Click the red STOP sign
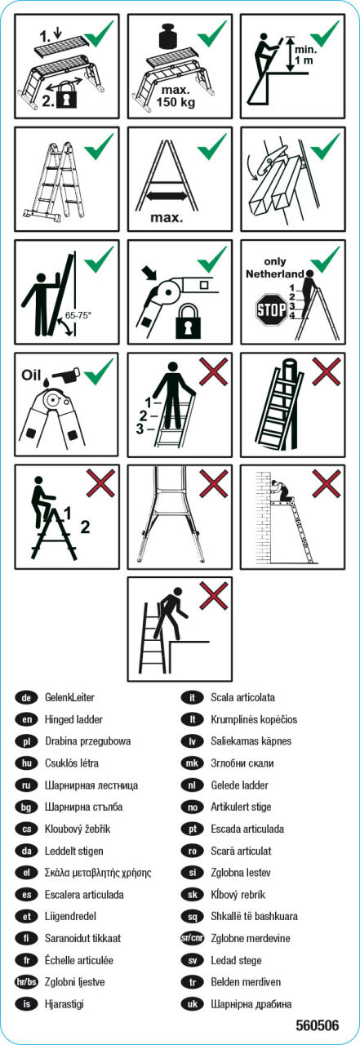(x=271, y=309)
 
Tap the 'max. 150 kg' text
(x=176, y=96)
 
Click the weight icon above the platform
(x=172, y=36)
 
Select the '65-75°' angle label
(x=78, y=315)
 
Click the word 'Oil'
(x=31, y=375)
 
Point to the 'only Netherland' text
(x=274, y=268)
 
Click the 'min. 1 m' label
(x=305, y=55)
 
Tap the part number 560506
(x=317, y=1025)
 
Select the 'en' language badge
(x=27, y=719)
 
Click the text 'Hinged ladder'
(x=73, y=719)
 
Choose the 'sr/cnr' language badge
(x=192, y=938)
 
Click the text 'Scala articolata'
(x=242, y=697)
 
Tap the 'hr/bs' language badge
(x=27, y=981)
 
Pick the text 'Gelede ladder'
(x=240, y=785)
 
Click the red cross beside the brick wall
(x=327, y=484)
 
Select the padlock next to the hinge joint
(x=189, y=322)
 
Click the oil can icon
(x=67, y=373)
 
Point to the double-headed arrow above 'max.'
(x=167, y=197)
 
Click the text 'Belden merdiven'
(x=246, y=981)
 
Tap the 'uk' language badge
(x=192, y=1003)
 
